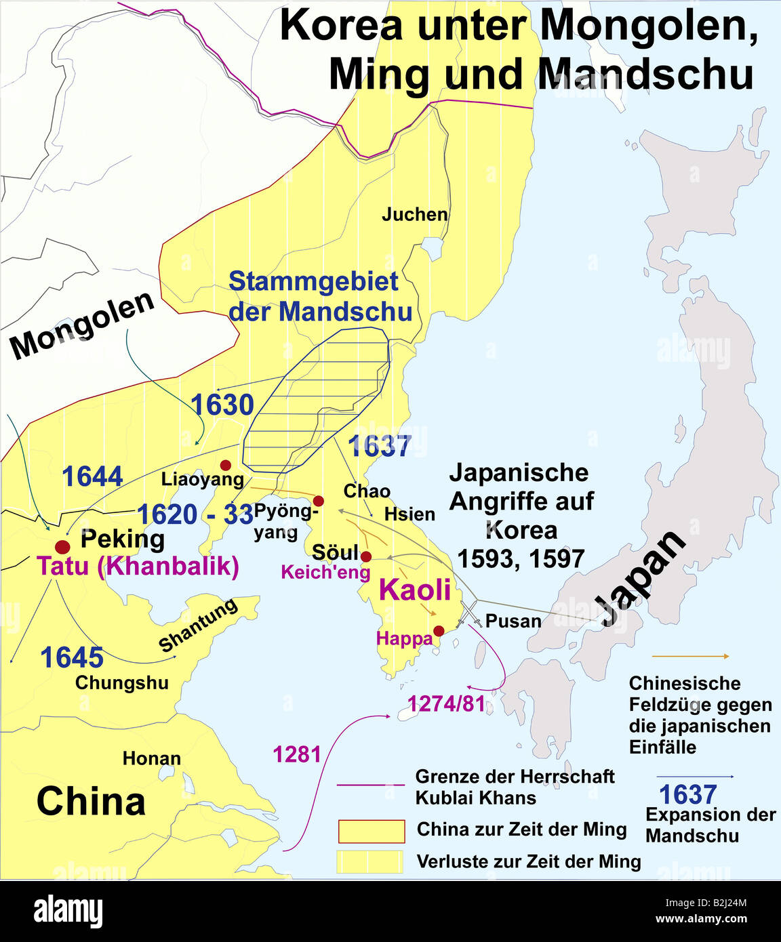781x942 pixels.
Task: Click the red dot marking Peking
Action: [62, 547]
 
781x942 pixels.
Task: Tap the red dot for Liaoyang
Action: [226, 465]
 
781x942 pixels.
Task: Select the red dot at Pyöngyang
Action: [319, 501]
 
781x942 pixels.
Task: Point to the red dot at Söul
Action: [366, 556]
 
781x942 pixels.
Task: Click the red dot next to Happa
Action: [439, 631]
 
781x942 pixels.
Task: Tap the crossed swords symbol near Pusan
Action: [470, 613]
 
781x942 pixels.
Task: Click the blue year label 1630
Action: [222, 405]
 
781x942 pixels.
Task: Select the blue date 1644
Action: [92, 477]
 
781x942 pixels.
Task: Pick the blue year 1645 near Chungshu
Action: [72, 657]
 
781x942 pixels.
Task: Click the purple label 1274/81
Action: [446, 704]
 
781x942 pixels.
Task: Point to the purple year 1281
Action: [296, 754]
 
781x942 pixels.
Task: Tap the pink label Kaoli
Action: [415, 590]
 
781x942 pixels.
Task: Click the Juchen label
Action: [414, 215]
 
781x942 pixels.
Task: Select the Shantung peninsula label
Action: [198, 625]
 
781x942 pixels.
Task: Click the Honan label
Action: [151, 758]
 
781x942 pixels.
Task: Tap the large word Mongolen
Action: [82, 325]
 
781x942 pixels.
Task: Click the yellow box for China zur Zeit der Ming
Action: [371, 830]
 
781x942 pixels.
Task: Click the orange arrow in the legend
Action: [689, 656]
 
